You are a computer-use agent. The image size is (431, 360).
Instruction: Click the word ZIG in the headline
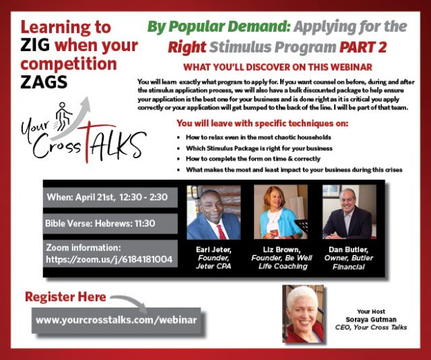[x=35, y=45]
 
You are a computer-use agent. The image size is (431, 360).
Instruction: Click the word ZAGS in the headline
[x=44, y=82]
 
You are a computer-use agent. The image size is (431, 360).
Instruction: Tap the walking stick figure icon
[x=63, y=116]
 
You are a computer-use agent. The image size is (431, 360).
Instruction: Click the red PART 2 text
[x=363, y=47]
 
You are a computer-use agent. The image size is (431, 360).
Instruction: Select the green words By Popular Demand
[x=219, y=27]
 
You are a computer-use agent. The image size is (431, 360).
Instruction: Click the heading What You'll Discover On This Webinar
[x=277, y=67]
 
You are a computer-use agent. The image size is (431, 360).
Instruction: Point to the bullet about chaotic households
[x=259, y=137]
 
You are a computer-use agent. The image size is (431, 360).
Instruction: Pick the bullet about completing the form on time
[x=253, y=159]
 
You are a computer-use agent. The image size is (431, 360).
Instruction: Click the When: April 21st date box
[x=110, y=197]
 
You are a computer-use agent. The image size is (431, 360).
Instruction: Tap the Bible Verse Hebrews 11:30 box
[x=110, y=223]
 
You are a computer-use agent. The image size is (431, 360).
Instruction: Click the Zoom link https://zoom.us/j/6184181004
[x=109, y=259]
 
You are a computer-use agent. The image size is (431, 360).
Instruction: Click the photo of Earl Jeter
[x=213, y=212]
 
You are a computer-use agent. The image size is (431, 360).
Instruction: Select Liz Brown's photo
[x=281, y=212]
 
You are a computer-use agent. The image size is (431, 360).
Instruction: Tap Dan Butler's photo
[x=350, y=212]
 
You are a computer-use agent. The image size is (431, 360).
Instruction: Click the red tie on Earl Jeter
[x=222, y=232]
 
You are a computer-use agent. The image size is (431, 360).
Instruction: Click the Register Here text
[x=65, y=297]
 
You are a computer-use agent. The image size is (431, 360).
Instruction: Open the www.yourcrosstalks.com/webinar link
[x=117, y=320]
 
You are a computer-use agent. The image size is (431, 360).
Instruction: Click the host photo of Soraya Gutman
[x=303, y=314]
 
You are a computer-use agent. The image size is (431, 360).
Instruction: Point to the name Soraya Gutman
[x=371, y=320]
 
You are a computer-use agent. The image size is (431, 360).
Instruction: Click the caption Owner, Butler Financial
[x=349, y=262]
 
